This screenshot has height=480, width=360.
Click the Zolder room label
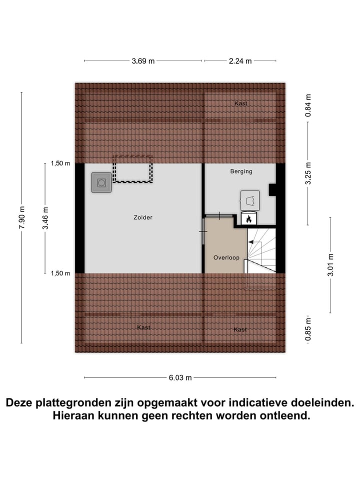[x=143, y=217]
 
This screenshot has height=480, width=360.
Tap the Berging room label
[x=241, y=171]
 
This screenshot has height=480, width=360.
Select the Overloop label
[x=226, y=258]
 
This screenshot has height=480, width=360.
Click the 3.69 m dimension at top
[x=143, y=61]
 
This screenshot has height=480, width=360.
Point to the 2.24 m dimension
[x=240, y=61]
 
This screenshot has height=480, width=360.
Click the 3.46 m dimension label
[x=45, y=218]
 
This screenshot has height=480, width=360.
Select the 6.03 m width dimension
[x=180, y=378]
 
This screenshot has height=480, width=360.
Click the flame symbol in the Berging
[x=248, y=219]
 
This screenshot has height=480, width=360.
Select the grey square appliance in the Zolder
[x=101, y=183]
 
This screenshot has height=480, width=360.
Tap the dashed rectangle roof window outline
[x=132, y=169]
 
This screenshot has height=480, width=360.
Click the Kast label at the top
[x=241, y=103]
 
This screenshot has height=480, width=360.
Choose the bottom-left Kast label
[x=143, y=327]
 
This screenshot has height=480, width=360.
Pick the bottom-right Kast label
[x=240, y=329]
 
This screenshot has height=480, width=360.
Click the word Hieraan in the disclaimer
[x=76, y=415]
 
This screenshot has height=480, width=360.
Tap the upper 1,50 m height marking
[x=60, y=163]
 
